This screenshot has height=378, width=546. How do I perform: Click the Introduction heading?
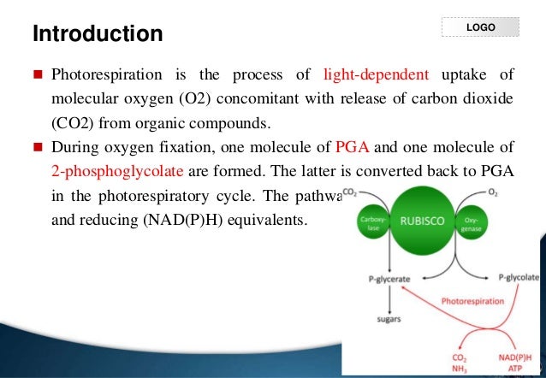(97, 35)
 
